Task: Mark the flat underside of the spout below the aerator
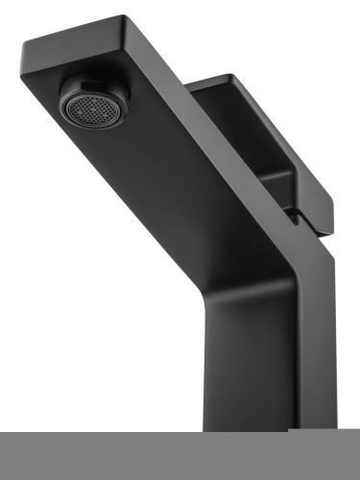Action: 144,192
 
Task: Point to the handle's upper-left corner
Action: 189,84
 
